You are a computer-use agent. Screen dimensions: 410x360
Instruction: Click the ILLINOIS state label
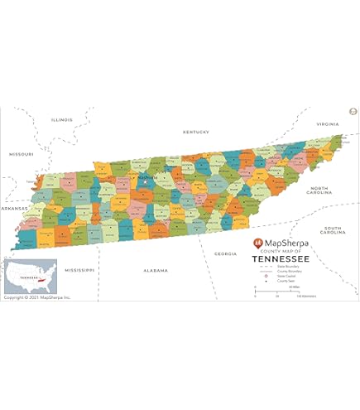pyautogui.click(x=61, y=120)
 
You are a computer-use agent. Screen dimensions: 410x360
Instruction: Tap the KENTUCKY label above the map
pyautogui.click(x=196, y=132)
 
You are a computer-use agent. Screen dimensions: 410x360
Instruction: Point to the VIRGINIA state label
pyautogui.click(x=328, y=124)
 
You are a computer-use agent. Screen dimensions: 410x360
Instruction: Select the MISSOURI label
pyautogui.click(x=21, y=154)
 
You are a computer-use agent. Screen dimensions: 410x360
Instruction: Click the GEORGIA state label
pyautogui.click(x=225, y=253)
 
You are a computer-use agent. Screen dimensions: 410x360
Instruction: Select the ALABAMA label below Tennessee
pyautogui.click(x=155, y=270)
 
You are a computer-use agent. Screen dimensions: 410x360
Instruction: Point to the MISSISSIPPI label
pyautogui.click(x=81, y=270)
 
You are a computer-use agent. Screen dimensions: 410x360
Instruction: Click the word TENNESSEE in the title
pyautogui.click(x=282, y=258)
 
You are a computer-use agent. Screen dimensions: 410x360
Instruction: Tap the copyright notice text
pyautogui.click(x=37, y=297)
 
